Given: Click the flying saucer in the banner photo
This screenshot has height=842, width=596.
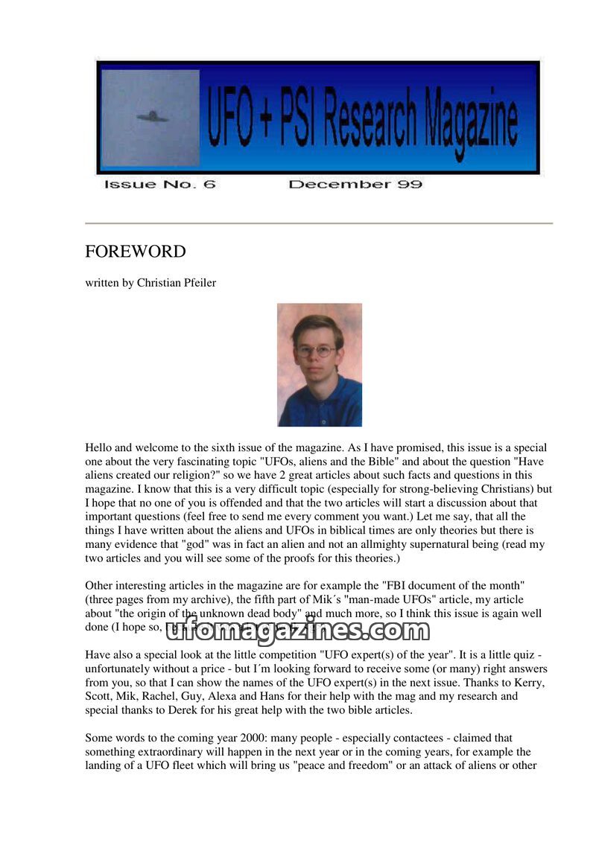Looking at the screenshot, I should [152, 117].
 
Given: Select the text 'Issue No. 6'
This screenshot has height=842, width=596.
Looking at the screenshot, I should [159, 184].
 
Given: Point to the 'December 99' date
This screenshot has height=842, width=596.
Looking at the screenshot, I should [355, 184].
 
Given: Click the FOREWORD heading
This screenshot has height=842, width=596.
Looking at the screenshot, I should [135, 252].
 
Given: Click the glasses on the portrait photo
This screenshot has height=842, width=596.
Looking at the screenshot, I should [316, 350].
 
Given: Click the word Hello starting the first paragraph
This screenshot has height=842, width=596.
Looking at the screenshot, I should [99, 448].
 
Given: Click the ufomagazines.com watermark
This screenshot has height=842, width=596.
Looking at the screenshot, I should [297, 631].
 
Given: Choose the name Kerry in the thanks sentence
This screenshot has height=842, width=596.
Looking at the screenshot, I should [534, 683].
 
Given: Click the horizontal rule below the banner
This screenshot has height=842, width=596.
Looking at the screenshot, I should [319, 223].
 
